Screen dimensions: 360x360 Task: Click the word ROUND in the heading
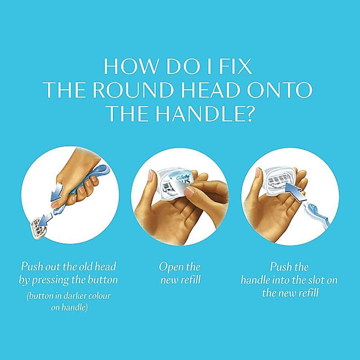(x=133, y=90)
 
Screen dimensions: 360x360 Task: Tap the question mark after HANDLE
(x=248, y=113)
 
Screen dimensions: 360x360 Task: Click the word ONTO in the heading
(x=279, y=90)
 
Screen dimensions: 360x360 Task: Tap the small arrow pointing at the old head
(x=45, y=219)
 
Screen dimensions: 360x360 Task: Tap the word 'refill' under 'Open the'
(x=191, y=280)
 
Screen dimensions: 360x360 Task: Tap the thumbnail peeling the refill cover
(x=189, y=192)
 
